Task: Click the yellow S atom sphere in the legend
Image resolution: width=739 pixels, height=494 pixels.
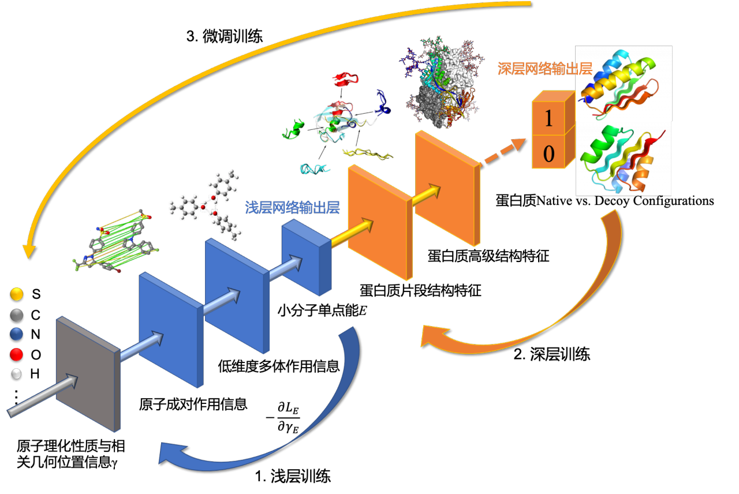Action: click(17, 294)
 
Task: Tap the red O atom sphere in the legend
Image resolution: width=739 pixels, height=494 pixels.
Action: click(17, 354)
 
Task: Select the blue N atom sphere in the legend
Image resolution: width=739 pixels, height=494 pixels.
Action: click(17, 334)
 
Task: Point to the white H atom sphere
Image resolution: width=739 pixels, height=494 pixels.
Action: click(16, 374)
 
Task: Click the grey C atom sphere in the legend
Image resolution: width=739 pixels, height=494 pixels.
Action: click(17, 315)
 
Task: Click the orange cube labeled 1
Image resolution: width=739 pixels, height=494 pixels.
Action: click(554, 113)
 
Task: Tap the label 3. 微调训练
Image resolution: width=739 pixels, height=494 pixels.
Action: click(225, 36)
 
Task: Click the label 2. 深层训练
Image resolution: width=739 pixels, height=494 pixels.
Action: click(552, 354)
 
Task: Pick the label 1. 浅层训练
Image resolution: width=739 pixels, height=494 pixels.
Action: click(293, 476)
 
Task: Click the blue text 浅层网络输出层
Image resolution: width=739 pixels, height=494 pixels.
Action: click(292, 207)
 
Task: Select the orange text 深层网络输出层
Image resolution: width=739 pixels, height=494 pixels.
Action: click(545, 69)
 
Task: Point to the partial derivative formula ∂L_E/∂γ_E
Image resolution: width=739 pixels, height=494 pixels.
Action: click(283, 417)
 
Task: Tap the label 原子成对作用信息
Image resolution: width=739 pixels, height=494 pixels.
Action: click(193, 404)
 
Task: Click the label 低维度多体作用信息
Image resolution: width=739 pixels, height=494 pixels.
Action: click(279, 366)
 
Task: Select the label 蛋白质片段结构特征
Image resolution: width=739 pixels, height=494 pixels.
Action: click(420, 290)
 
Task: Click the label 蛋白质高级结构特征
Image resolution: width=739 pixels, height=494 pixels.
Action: click(488, 256)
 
